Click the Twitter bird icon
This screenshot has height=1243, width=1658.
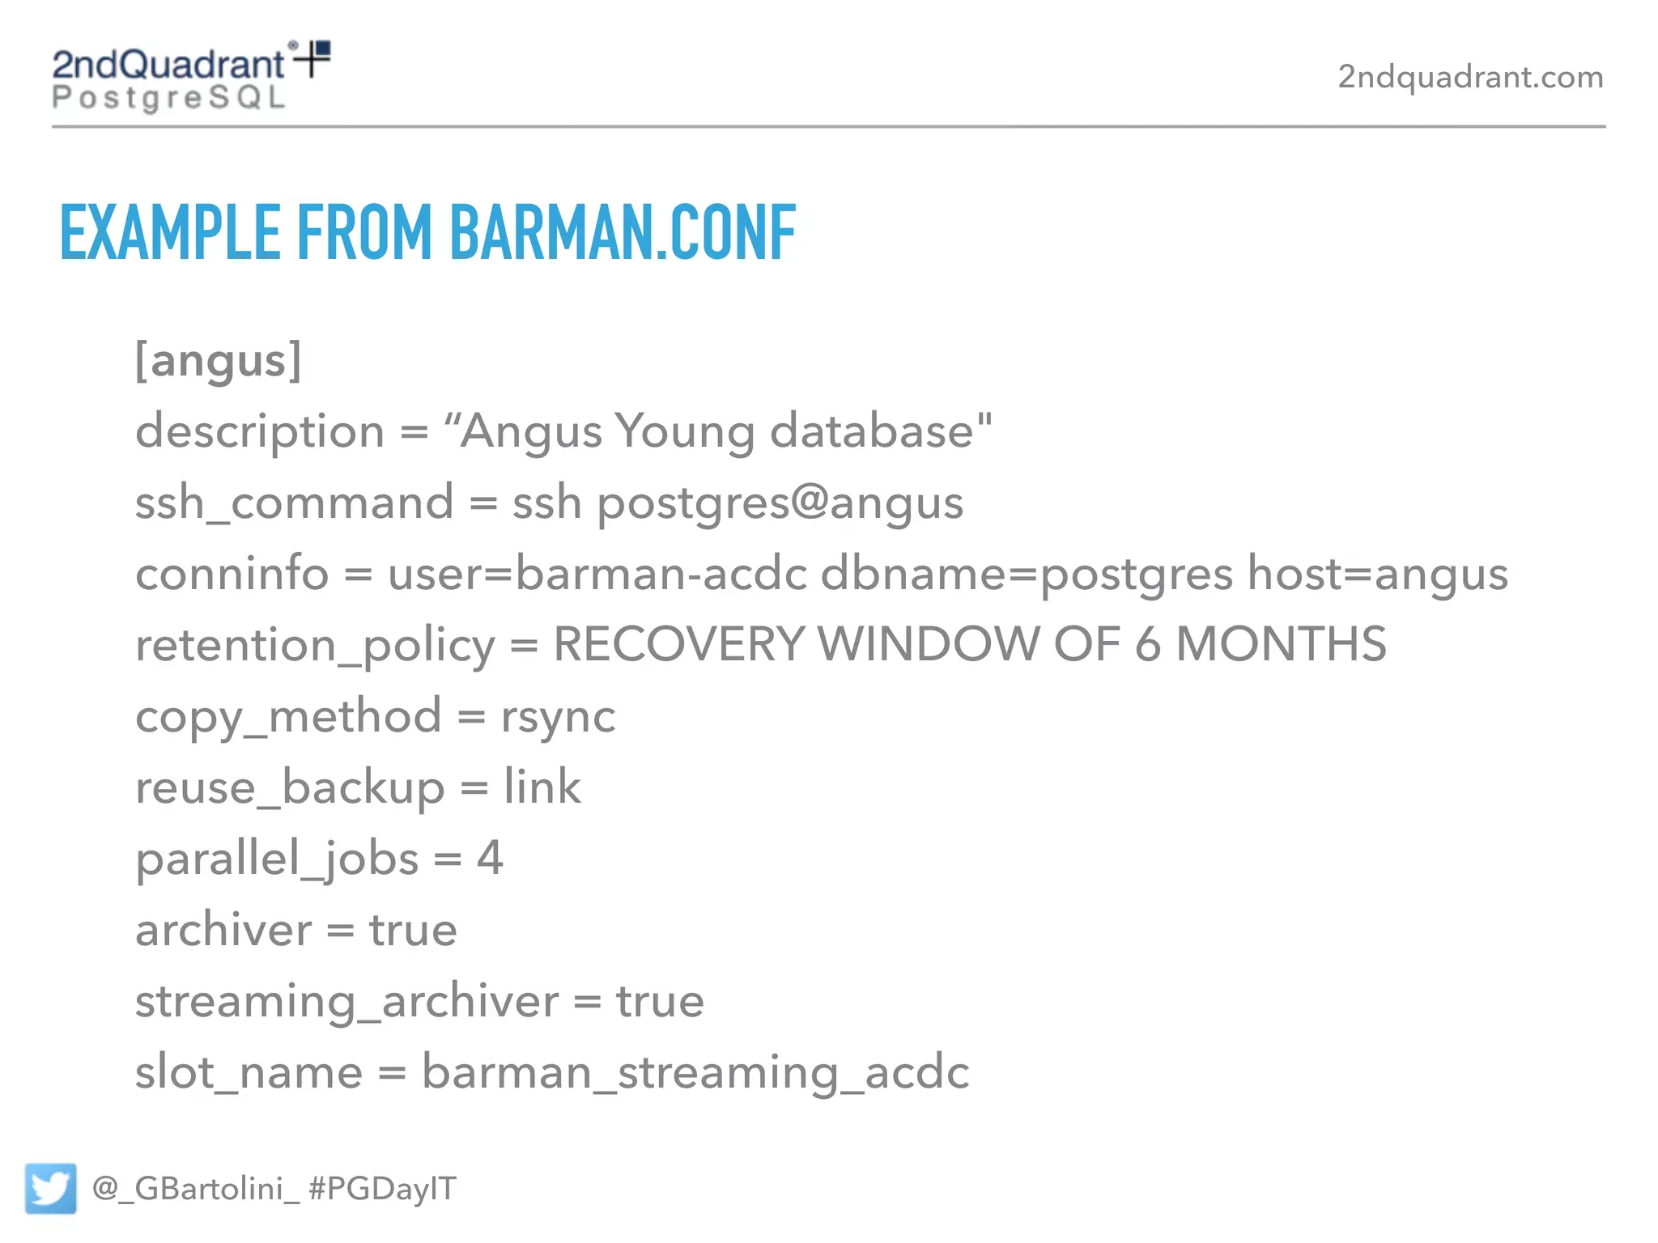coord(50,1188)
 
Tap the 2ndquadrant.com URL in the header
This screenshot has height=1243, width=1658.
coord(1470,77)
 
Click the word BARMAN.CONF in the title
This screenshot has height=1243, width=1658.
coord(623,233)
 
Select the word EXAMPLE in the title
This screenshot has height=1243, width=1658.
coord(170,233)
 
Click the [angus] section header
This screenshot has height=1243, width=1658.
coord(219,360)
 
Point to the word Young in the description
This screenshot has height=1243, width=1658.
coord(684,431)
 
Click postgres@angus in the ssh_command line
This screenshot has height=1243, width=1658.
coord(780,503)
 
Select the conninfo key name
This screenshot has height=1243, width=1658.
coord(232,574)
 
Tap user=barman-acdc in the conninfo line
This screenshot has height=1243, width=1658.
coord(597,574)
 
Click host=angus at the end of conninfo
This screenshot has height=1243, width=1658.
coord(1377,574)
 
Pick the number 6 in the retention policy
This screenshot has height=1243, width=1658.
coord(1147,645)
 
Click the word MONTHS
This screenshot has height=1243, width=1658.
coord(1281,645)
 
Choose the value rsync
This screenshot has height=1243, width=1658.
coord(558,717)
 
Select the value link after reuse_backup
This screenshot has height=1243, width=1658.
coord(542,787)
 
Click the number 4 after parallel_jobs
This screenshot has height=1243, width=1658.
coord(490,858)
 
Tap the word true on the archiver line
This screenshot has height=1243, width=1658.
coord(413,930)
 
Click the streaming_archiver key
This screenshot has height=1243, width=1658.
coord(346,1002)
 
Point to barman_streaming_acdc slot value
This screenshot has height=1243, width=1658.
coord(695,1073)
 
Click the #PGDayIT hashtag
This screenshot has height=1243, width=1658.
coord(382,1189)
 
